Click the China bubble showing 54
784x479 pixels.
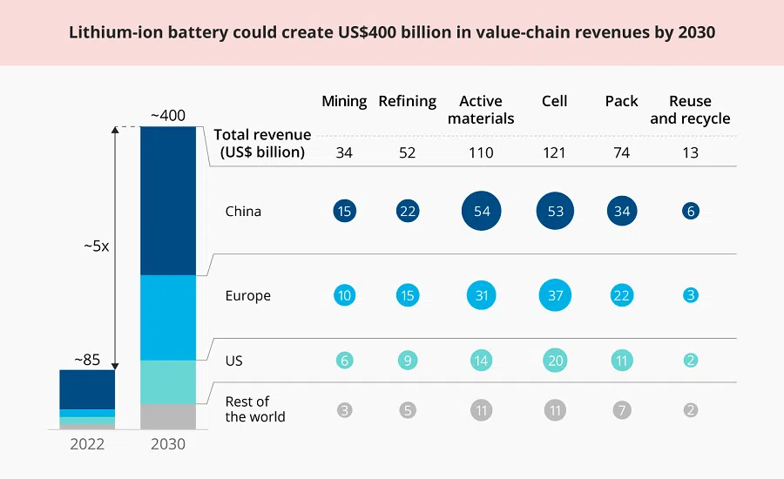point(481,211)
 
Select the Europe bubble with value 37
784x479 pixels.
point(555,295)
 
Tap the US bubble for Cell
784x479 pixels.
point(555,360)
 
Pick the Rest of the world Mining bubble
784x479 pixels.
point(344,409)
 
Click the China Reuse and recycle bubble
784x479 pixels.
point(691,211)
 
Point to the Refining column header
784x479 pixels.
point(407,101)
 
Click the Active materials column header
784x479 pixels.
point(481,110)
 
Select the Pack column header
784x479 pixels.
point(621,101)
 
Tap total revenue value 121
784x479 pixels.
point(555,152)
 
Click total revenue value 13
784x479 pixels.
point(691,152)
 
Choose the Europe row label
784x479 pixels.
point(247,295)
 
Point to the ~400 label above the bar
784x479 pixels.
point(167,115)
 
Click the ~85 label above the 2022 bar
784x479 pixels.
point(87,359)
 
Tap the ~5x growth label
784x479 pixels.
point(96,246)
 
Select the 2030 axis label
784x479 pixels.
point(167,443)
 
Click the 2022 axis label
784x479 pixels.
point(87,443)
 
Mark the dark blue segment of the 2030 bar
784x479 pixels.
point(167,200)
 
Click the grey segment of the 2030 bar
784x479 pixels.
point(167,416)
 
